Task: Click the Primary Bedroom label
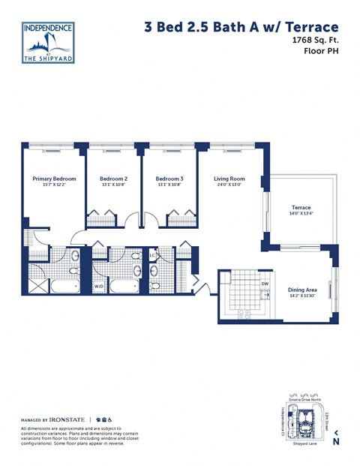(x=54, y=179)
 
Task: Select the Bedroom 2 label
(x=113, y=179)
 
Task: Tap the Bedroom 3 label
(x=169, y=179)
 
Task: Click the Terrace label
(x=301, y=207)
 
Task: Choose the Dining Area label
(x=302, y=290)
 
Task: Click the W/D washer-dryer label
(x=99, y=286)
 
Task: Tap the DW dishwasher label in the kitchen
(x=264, y=284)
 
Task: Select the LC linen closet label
(x=152, y=256)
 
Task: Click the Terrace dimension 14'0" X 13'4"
(x=301, y=215)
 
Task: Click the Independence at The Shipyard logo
(x=48, y=42)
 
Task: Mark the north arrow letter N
(x=336, y=441)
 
